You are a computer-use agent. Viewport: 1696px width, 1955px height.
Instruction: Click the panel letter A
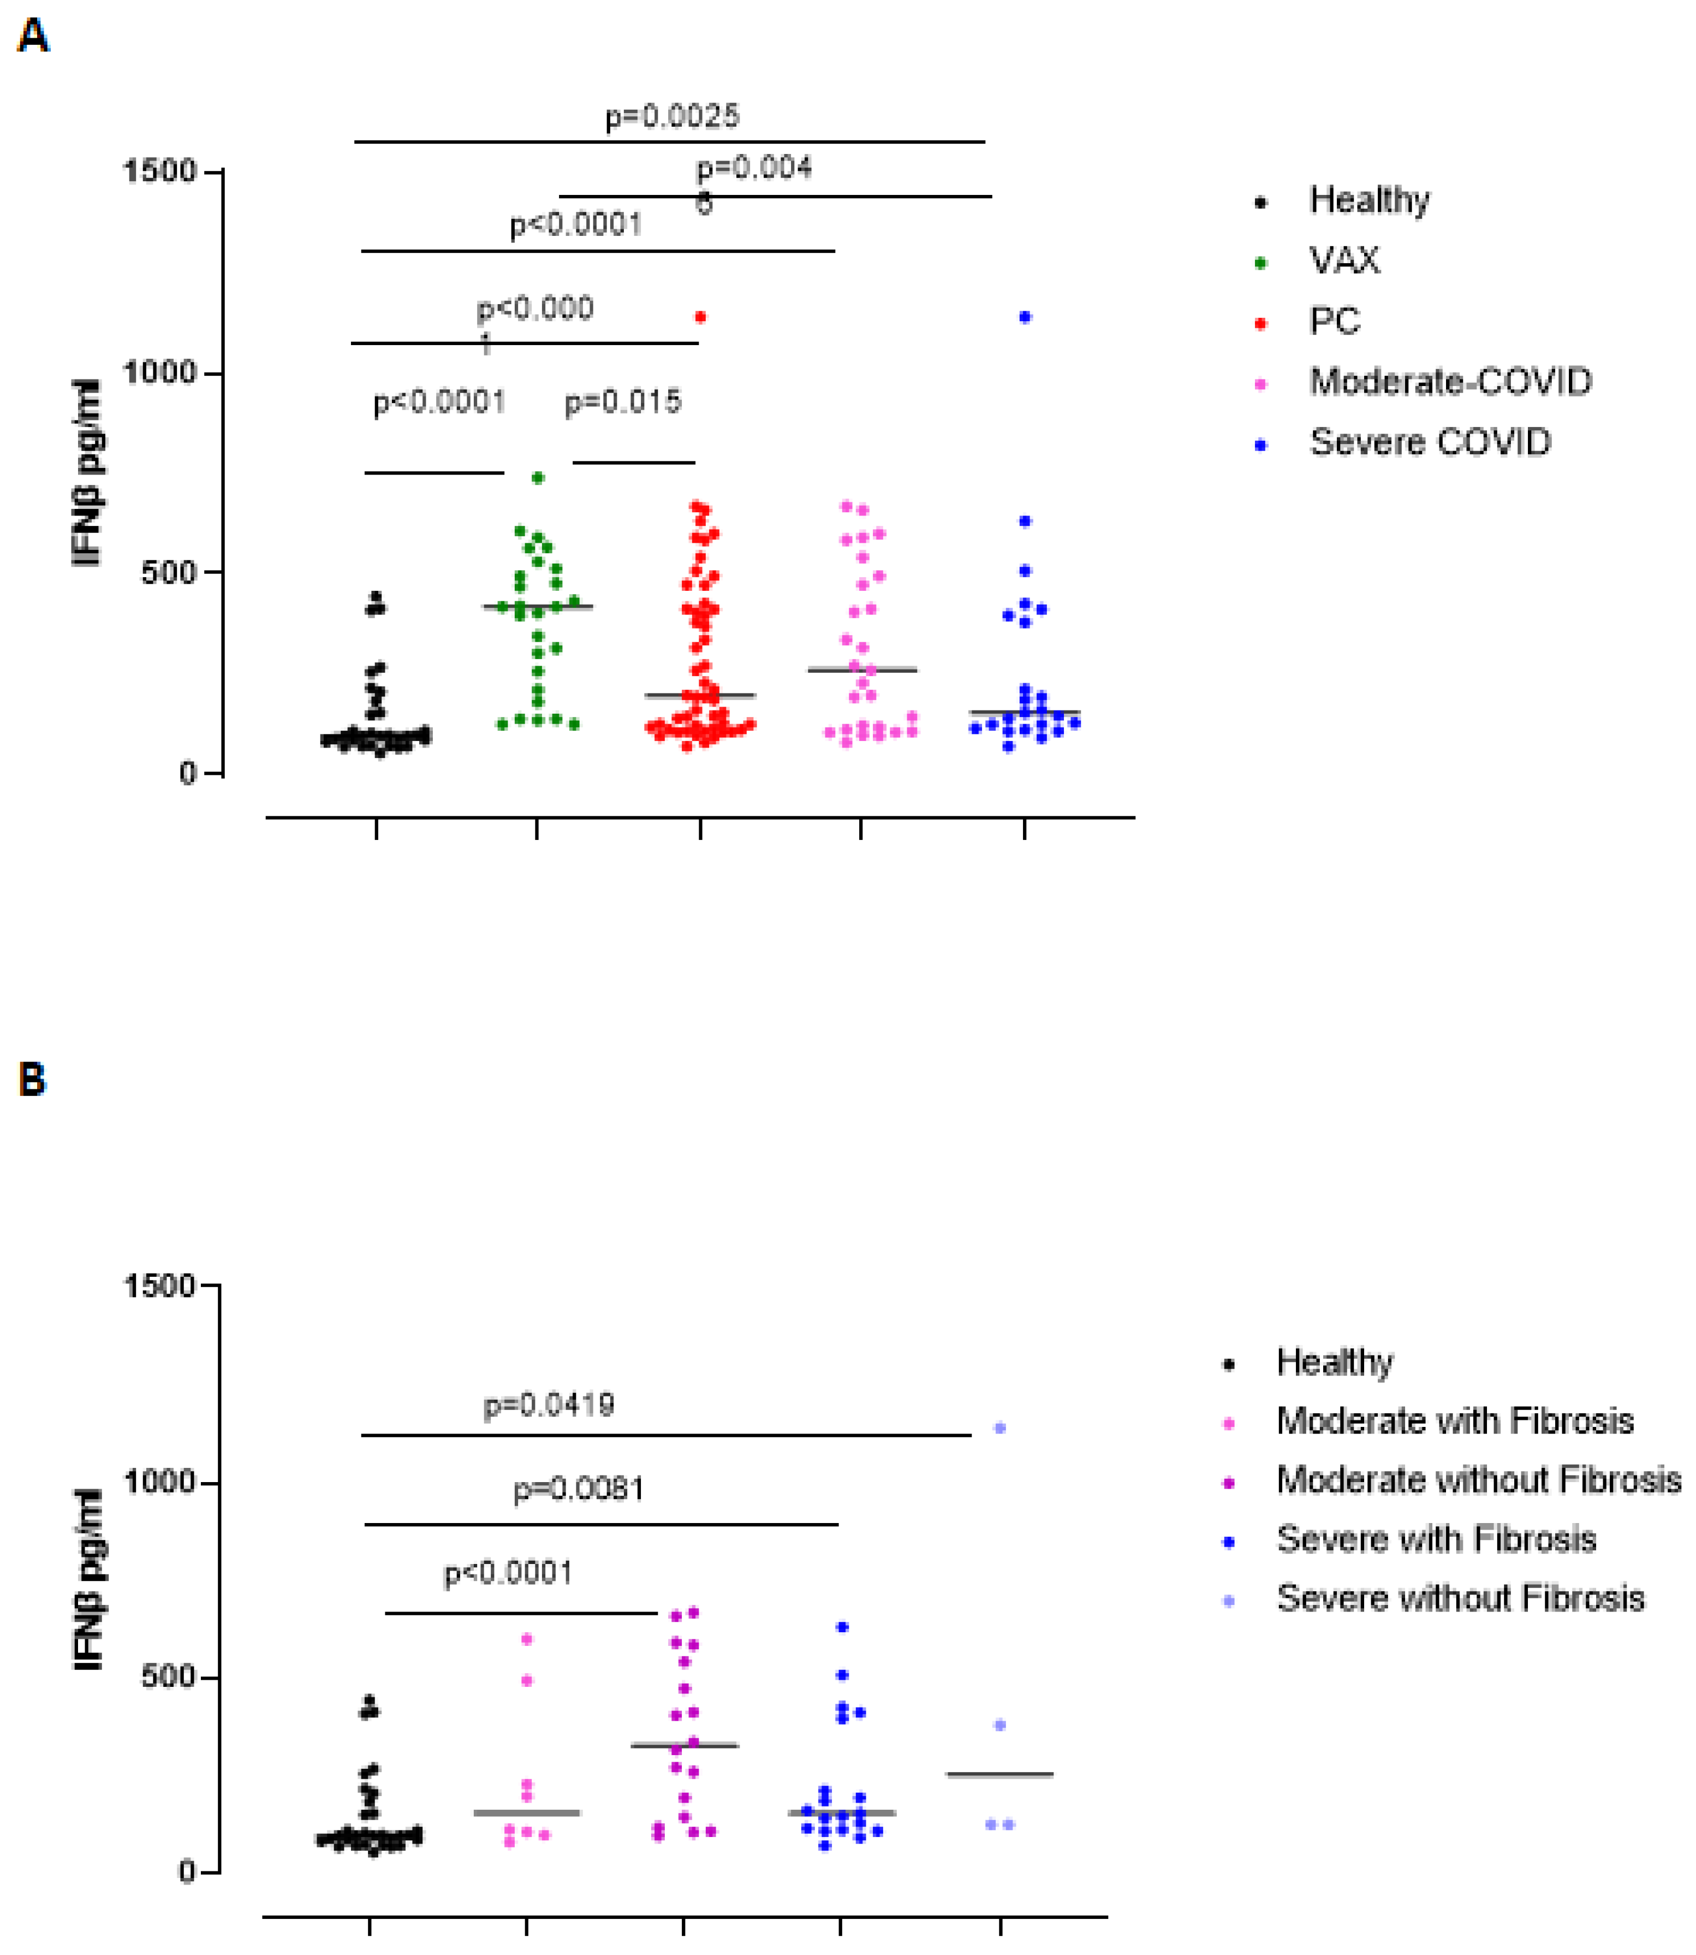[x=33, y=37]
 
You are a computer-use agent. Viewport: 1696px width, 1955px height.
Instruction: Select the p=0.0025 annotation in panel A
[x=672, y=116]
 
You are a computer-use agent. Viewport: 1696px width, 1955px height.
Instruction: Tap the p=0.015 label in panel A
[x=623, y=402]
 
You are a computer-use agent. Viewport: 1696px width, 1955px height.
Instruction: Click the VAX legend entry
[x=1344, y=260]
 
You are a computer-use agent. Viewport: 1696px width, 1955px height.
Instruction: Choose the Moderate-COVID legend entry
[x=1450, y=382]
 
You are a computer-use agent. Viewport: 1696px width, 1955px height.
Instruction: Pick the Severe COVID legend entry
[x=1429, y=442]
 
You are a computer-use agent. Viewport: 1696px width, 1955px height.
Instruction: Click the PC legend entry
[x=1335, y=322]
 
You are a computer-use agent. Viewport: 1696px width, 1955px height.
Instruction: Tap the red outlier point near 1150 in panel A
[x=700, y=317]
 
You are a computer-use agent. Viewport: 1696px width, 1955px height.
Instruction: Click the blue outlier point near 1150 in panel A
[x=1025, y=317]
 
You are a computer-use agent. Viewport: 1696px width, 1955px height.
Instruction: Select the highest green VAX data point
[x=538, y=478]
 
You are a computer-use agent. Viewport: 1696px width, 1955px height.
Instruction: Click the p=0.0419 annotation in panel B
[x=549, y=1405]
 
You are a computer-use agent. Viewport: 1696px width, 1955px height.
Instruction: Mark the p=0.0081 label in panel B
[x=578, y=1490]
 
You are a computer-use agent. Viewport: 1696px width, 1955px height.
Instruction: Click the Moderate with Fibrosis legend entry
[x=1455, y=1421]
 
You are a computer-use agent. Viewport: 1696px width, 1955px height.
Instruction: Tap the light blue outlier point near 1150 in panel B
[x=999, y=1427]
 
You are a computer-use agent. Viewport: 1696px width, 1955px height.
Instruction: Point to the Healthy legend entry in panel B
[x=1335, y=1362]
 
